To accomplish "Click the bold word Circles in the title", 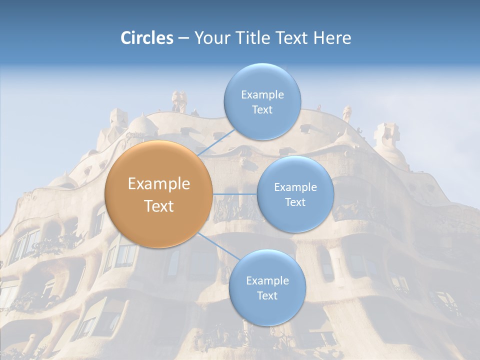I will click(x=147, y=38).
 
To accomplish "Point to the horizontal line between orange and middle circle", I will click(x=234, y=194).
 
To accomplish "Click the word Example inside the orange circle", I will click(x=159, y=184).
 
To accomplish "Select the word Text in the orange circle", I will click(x=159, y=206).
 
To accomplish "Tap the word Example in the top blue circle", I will click(x=262, y=95).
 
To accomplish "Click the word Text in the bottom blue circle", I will click(x=267, y=296).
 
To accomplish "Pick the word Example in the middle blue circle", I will click(x=295, y=187).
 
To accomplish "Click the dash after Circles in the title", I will click(x=183, y=38).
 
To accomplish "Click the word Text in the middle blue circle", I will click(x=295, y=202).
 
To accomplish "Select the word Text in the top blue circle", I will click(x=262, y=110).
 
